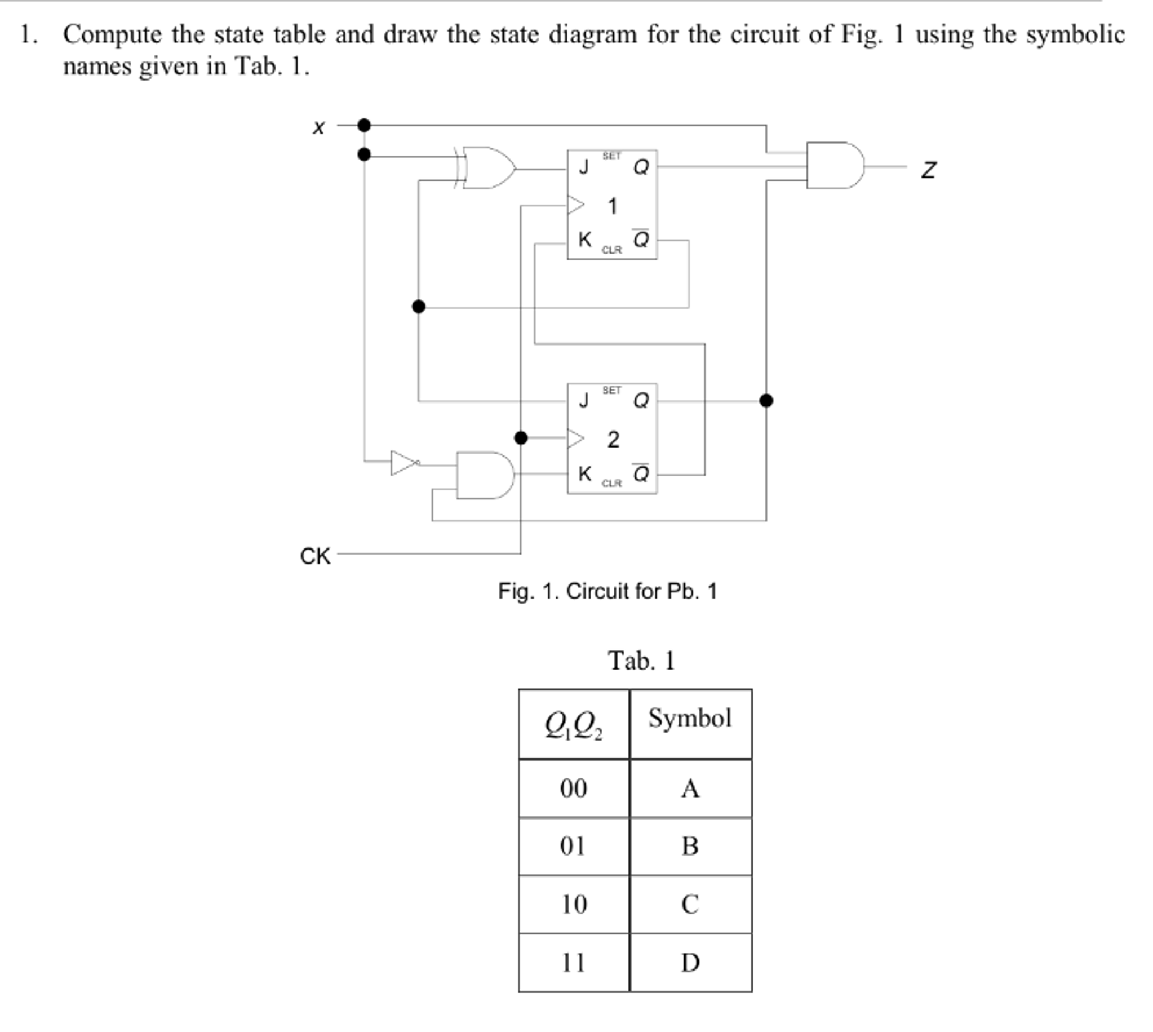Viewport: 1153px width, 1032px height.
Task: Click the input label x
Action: point(319,127)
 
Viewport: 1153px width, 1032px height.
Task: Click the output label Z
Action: point(929,170)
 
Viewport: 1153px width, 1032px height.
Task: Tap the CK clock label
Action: point(314,556)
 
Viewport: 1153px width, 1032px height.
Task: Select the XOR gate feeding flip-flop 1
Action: point(487,168)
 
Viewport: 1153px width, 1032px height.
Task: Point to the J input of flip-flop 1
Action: point(584,167)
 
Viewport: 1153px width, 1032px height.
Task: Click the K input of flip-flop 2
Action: point(584,473)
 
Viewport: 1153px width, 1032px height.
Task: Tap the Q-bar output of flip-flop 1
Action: point(641,240)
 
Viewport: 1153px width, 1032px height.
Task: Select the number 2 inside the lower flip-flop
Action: point(613,440)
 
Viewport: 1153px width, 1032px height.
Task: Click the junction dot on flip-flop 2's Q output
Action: point(766,401)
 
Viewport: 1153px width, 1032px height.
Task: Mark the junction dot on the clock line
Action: point(520,438)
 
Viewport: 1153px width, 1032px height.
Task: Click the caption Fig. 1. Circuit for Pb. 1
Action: point(607,591)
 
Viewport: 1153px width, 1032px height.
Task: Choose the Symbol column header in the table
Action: point(690,719)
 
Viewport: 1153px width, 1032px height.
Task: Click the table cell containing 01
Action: point(573,846)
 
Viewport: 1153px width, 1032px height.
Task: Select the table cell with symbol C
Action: point(690,904)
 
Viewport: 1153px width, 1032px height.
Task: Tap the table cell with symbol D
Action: point(690,963)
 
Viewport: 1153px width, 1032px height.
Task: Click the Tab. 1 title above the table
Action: point(641,661)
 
